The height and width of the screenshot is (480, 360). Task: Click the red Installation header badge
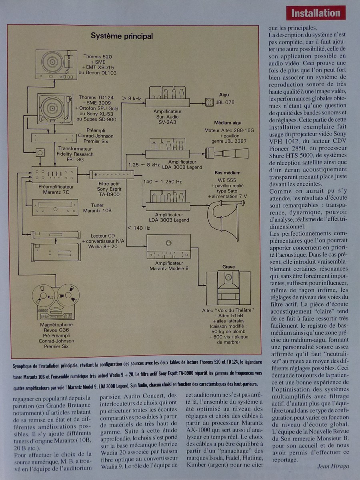pyautogui.click(x=316, y=13)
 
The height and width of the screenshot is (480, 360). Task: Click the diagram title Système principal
pyautogui.click(x=122, y=36)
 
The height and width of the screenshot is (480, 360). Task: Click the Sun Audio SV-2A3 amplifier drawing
pyautogui.click(x=167, y=98)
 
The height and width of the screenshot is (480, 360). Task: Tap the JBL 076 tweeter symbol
pyautogui.click(x=210, y=102)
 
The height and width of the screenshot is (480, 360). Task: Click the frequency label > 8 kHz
pyautogui.click(x=132, y=98)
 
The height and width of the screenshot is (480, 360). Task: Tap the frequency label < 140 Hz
pyautogui.click(x=138, y=228)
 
